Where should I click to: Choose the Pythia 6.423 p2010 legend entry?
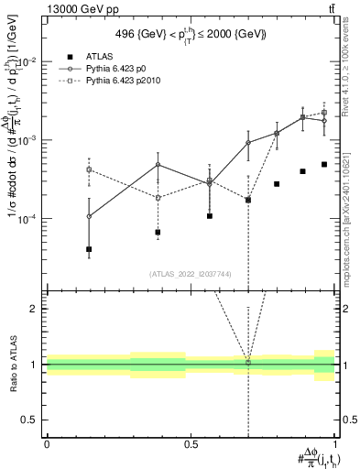tap(126, 82)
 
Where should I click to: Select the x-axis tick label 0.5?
tap(191, 443)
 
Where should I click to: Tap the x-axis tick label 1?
tap(335, 443)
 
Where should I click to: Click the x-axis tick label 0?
tap(47, 443)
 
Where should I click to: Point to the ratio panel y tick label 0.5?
tap(30, 420)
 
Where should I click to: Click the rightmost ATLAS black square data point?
tap(324, 165)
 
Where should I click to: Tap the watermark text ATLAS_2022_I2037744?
tap(190, 273)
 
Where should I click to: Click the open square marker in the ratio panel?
tap(248, 363)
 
